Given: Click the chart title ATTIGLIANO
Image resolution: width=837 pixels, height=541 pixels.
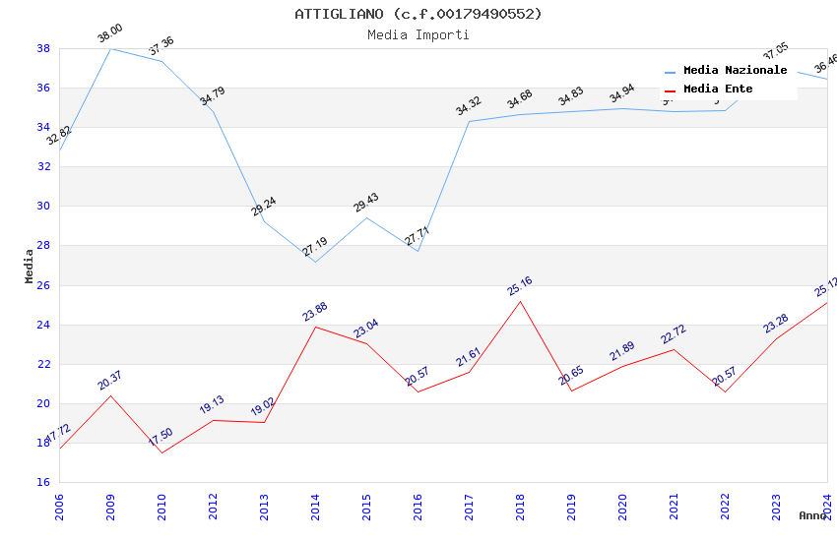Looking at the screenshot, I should click(418, 14).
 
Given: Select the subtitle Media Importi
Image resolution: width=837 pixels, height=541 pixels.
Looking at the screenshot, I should click(418, 34).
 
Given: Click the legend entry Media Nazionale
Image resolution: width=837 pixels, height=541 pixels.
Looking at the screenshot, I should click(735, 71).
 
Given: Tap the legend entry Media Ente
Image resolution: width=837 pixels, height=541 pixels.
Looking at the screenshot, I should click(718, 90).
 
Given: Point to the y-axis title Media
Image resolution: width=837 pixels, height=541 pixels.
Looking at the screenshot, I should click(30, 266).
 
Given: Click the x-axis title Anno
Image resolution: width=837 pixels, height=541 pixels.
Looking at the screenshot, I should click(812, 515).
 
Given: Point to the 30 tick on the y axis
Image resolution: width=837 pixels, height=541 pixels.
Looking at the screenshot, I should click(43, 207).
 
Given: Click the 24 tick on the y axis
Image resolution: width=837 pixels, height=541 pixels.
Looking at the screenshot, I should click(43, 325).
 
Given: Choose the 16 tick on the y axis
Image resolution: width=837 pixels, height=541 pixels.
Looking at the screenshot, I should click(43, 483).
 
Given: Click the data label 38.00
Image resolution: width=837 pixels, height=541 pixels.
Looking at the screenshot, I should click(109, 35).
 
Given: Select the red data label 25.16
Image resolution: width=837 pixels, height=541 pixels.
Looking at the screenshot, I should click(519, 286).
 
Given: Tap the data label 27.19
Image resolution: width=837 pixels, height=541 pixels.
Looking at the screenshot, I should click(315, 247).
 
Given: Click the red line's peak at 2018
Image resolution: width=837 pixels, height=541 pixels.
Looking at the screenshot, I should click(520, 301).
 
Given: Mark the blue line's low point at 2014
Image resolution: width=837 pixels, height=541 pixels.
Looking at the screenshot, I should click(315, 262).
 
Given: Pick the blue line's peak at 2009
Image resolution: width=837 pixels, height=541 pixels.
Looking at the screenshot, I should click(110, 48).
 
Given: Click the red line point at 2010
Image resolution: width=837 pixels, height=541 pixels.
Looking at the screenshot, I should click(161, 452).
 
